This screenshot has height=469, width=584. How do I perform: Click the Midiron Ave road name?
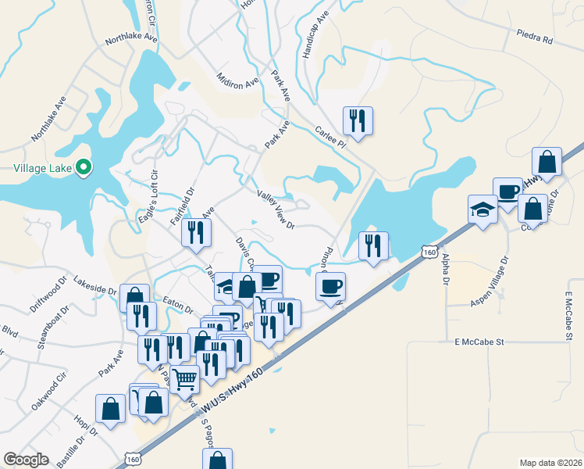tap(237, 80)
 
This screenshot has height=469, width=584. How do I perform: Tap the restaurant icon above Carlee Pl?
tap(358, 120)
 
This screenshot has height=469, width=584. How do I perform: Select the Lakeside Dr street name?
tap(94, 284)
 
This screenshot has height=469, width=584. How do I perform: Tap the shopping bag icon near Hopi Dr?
tap(110, 408)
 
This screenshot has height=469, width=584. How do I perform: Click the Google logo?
tap(26, 460)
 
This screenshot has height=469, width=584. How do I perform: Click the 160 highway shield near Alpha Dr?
tap(428, 252)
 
